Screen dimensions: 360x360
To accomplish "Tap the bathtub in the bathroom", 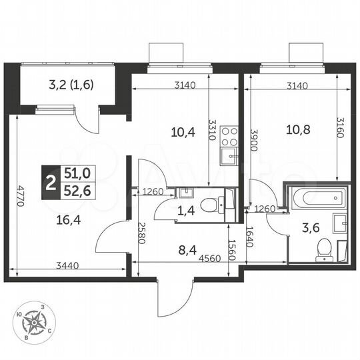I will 317,198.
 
